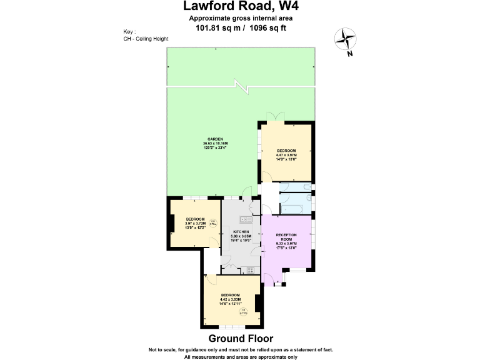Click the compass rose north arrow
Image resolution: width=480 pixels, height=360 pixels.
(345, 41)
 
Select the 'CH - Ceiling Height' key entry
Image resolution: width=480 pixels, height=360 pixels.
(146, 39)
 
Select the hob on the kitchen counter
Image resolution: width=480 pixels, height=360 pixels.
(251, 270)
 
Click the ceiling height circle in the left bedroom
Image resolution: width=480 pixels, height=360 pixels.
(212, 222)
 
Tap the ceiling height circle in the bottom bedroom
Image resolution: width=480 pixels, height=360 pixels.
(244, 311)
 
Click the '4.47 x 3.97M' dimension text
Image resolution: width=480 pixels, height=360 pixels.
(286, 155)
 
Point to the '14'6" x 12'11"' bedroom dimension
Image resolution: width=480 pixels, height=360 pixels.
(230, 303)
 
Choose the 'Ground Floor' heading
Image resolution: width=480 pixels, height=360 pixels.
(240, 339)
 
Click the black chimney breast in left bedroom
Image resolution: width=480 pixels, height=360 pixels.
(171, 223)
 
